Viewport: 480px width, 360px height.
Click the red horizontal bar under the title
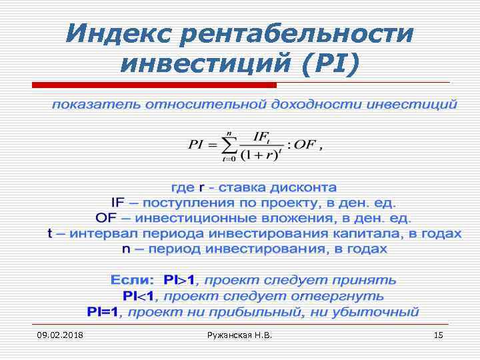click(154, 85)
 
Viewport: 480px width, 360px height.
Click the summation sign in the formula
click(229, 145)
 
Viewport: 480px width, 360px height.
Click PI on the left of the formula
click(198, 145)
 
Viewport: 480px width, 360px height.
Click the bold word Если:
click(132, 280)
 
